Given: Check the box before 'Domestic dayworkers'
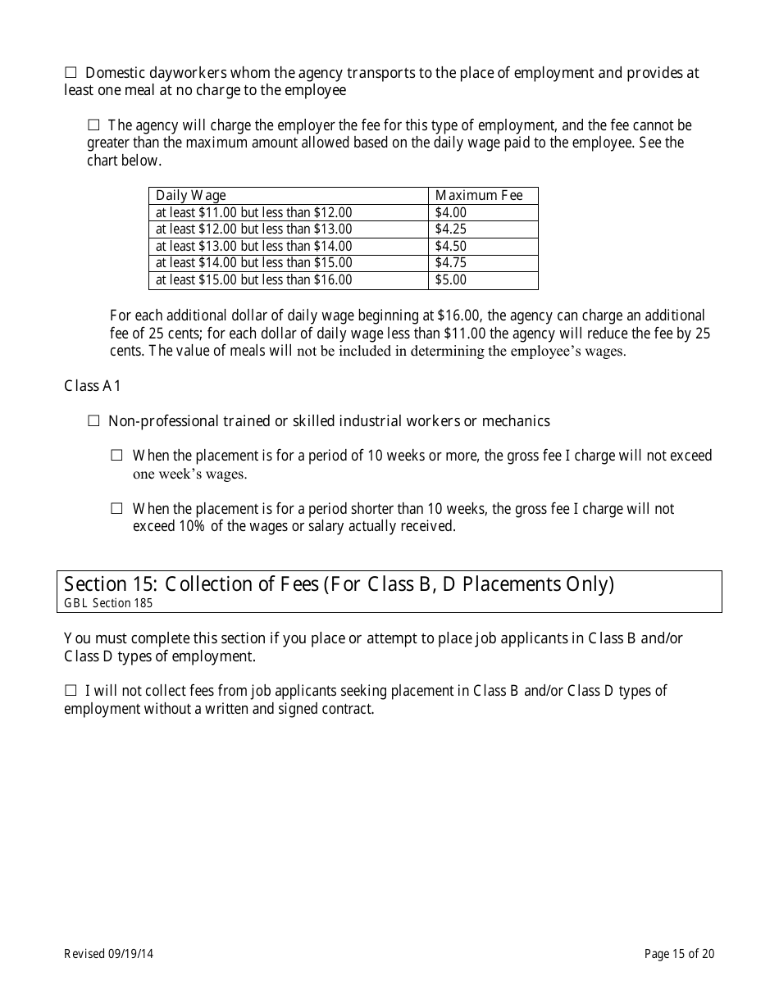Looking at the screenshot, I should pyautogui.click(x=71, y=73).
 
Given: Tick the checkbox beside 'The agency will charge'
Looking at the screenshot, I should pyautogui.click(x=93, y=125).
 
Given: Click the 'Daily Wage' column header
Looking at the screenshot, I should pyautogui.click(x=191, y=195).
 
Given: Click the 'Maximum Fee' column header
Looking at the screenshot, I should pyautogui.click(x=478, y=195).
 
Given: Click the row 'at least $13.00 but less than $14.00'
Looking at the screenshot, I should pyautogui.click(x=253, y=246).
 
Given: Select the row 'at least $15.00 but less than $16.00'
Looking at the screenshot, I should pyautogui.click(x=253, y=280).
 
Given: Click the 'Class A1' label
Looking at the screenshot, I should pyautogui.click(x=93, y=385).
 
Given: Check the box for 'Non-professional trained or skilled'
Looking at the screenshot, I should pyautogui.click(x=93, y=421).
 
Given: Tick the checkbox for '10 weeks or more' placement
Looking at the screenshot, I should pyautogui.click(x=116, y=455).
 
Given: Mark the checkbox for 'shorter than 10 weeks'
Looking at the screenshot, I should pyautogui.click(x=116, y=509).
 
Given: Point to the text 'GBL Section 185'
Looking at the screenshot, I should pyautogui.click(x=108, y=603).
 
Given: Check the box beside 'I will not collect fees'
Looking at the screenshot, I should pyautogui.click(x=71, y=691).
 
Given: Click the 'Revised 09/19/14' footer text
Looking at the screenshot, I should pyautogui.click(x=109, y=953).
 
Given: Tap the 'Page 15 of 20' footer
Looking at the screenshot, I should pyautogui.click(x=679, y=953).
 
